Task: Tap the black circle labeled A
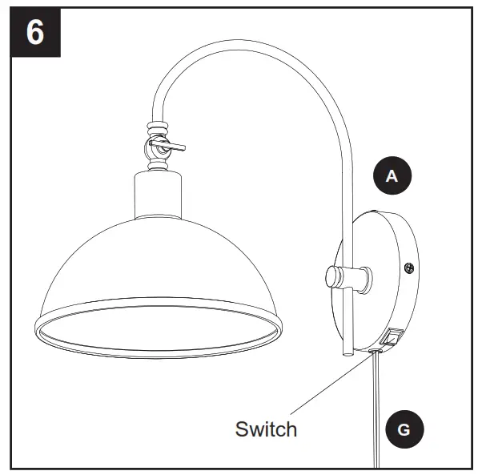coord(392,176)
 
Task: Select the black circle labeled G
coord(403,430)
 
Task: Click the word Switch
coord(266,429)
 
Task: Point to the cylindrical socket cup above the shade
coord(158,197)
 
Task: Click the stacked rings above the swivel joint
coord(157,128)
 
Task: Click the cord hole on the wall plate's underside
coord(375,350)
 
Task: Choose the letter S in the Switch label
coord(241,429)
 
